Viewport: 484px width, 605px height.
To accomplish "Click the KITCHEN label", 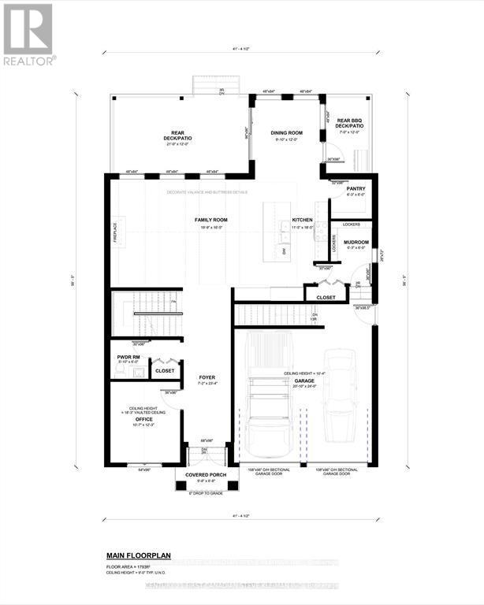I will pos(303,220).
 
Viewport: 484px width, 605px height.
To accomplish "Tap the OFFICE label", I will pos(143,419).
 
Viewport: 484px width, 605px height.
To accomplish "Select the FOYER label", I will pos(207,377).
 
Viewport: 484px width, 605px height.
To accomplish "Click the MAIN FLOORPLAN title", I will pos(139,555).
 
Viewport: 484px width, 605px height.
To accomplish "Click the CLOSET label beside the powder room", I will pos(165,369).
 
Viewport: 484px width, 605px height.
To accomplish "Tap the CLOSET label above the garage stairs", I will pos(326,297).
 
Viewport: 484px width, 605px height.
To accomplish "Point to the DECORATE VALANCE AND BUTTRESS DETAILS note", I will pos(207,191).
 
